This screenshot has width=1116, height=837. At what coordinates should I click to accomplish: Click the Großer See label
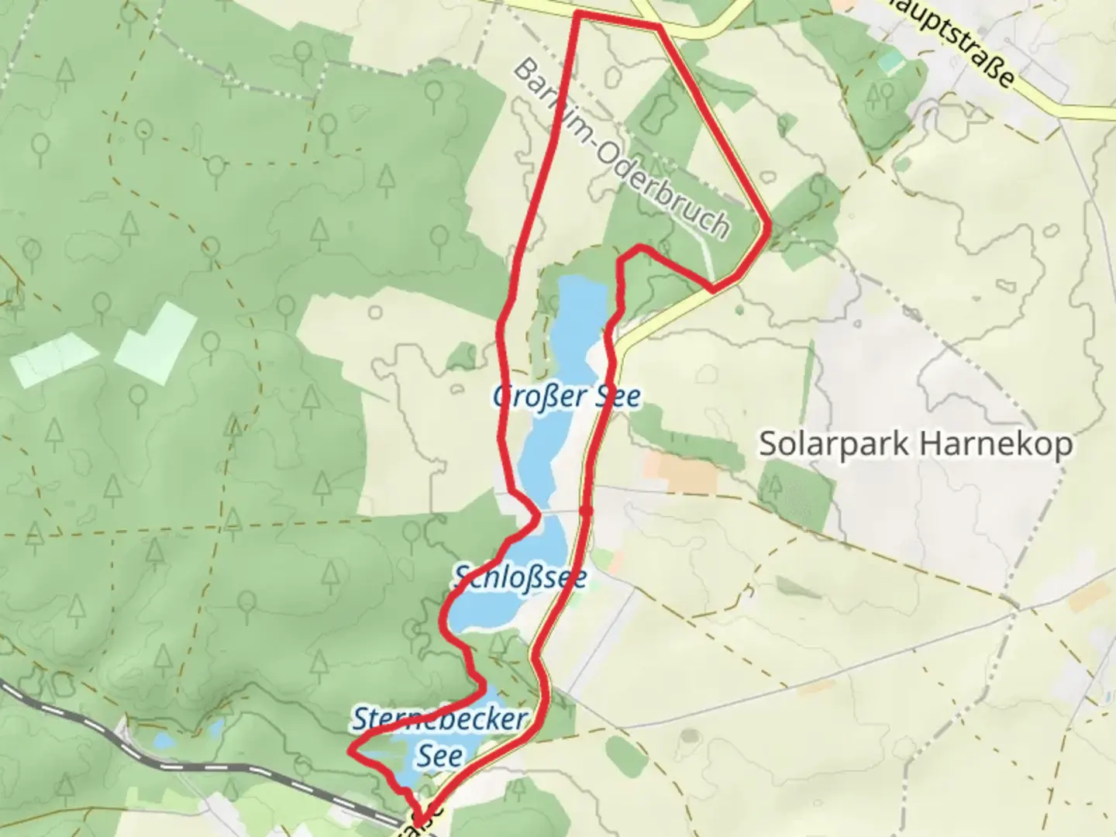[x=567, y=397]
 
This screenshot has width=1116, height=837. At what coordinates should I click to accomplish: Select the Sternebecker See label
[x=439, y=736]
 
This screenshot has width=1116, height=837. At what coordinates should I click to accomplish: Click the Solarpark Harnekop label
[x=916, y=445]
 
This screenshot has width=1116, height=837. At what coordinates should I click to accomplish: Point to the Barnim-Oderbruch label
[x=621, y=149]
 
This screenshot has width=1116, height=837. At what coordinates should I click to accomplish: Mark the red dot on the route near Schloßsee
[x=586, y=511]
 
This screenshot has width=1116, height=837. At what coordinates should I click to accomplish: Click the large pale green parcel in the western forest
[x=156, y=343]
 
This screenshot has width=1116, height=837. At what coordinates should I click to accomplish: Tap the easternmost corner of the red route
[x=768, y=226]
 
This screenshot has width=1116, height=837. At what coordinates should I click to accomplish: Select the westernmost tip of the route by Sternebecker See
[x=351, y=750]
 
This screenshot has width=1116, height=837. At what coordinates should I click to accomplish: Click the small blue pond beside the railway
[x=164, y=742]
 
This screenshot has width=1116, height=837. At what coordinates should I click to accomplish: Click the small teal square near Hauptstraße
[x=891, y=62]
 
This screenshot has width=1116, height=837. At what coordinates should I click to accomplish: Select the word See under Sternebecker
[x=440, y=756]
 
